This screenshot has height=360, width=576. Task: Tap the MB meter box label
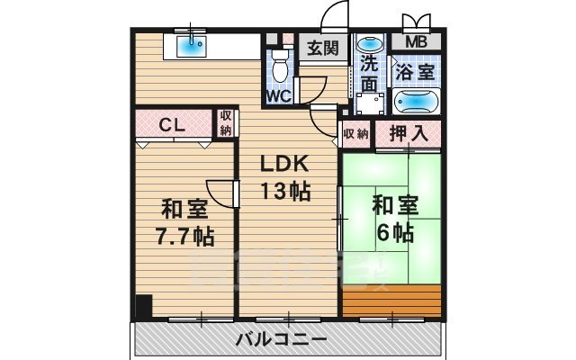415,41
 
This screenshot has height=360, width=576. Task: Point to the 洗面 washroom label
369,73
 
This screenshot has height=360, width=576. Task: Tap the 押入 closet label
409,133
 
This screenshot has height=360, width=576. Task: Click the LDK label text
285,166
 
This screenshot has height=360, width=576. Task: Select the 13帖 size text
285,191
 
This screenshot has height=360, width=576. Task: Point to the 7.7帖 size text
184,236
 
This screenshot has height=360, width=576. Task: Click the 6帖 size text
395,231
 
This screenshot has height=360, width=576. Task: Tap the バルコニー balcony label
282,339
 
